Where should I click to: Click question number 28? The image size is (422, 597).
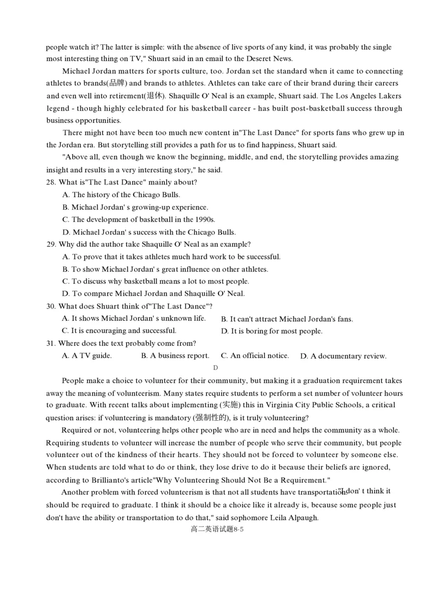point(51,182)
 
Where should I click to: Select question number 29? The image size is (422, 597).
point(51,244)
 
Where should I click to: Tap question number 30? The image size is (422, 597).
point(51,306)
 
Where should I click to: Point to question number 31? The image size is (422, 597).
point(51,343)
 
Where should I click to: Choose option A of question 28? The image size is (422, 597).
point(121,195)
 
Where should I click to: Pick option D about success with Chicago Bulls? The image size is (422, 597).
point(149,232)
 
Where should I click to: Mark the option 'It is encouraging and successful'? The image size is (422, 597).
point(119,331)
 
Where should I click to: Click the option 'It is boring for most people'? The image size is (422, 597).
point(272,331)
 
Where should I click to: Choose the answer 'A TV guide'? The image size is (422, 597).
point(87,356)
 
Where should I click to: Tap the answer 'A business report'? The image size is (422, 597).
point(175,356)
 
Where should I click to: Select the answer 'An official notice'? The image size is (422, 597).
point(255,356)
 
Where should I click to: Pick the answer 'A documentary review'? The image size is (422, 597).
point(343,357)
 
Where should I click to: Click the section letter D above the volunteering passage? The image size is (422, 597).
point(216,368)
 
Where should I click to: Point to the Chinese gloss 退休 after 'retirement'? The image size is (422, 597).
point(156,96)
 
